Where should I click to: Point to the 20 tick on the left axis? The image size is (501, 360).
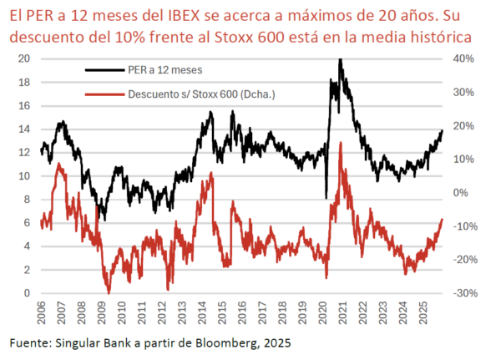click(23, 58)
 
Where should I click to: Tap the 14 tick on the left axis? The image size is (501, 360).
click(23, 129)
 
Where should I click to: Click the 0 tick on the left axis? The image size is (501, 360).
click(27, 294)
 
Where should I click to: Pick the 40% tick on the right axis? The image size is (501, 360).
click(463, 58)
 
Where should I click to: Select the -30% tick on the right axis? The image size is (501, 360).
click(465, 294)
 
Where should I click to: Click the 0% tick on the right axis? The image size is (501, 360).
click(461, 193)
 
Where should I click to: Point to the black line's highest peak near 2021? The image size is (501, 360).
click(340, 59)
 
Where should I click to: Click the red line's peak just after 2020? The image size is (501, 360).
click(340, 143)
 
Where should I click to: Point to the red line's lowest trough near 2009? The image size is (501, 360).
click(108, 292)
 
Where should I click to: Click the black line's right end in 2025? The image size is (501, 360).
click(442, 130)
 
